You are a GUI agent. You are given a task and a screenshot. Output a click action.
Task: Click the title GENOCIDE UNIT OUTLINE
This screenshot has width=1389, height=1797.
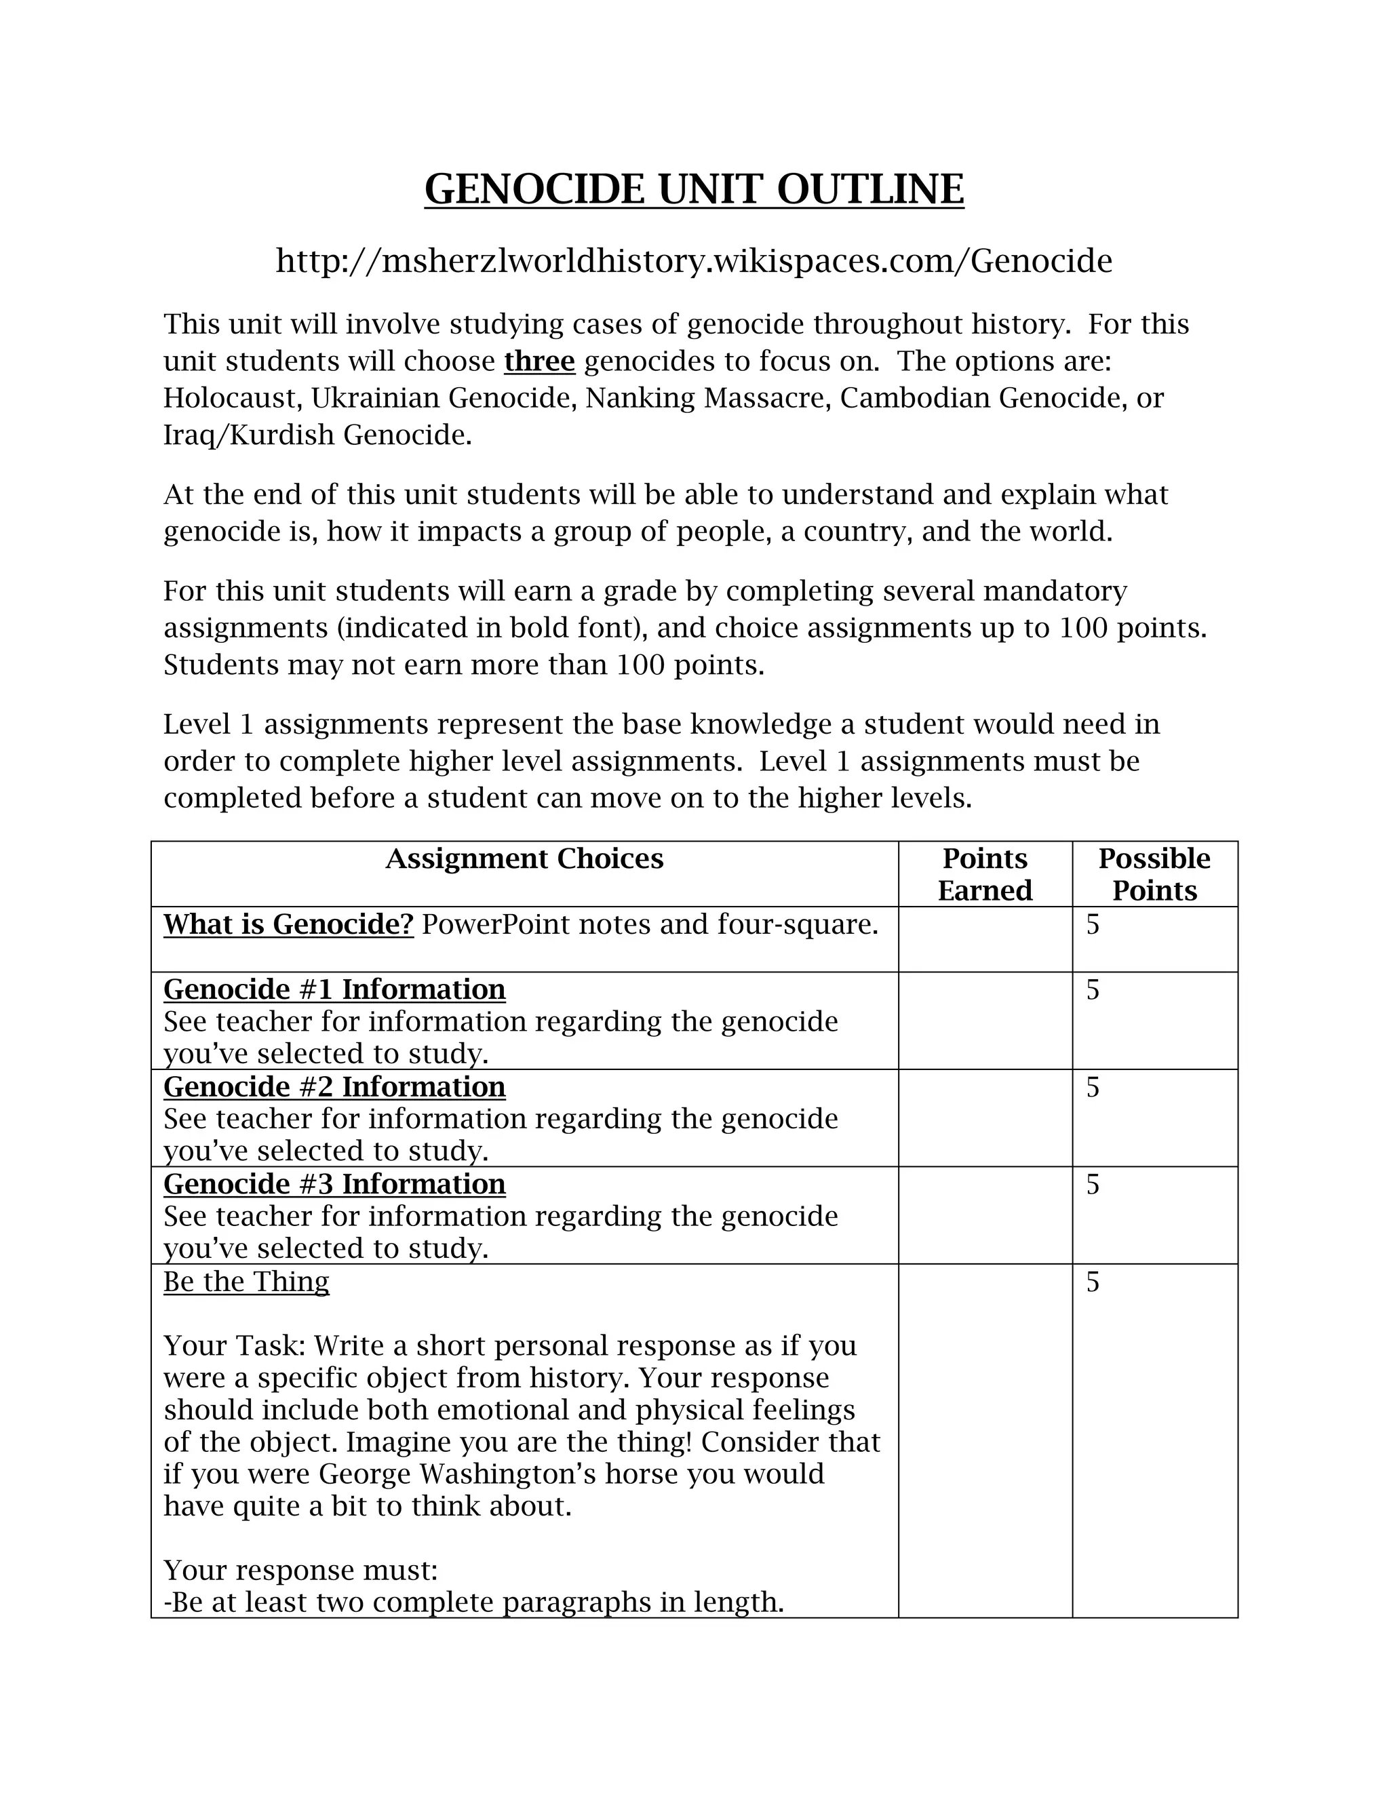694,189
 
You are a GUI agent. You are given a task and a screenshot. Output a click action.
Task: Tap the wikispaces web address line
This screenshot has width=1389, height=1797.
694,261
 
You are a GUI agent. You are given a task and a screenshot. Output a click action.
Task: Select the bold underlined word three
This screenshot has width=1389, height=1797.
539,361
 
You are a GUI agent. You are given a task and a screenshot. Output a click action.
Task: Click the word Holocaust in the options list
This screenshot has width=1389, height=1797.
231,398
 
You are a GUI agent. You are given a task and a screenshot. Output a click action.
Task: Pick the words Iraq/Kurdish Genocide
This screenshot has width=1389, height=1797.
317,435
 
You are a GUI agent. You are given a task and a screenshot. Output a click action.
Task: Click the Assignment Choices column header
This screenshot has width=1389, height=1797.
524,859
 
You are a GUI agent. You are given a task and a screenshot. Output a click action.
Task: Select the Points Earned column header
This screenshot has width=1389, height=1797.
984,874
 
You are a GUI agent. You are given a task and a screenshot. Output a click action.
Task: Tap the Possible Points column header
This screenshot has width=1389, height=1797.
1154,874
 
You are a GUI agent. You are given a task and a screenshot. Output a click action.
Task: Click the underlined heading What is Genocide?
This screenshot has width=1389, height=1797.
288,925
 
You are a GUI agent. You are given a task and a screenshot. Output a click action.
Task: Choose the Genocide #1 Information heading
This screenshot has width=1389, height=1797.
334,989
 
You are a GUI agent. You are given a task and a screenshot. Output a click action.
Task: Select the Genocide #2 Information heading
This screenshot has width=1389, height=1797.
334,1087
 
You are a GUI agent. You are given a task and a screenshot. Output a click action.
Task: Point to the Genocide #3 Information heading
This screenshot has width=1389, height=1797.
334,1184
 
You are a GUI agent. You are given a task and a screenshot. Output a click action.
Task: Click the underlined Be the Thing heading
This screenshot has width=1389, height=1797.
246,1282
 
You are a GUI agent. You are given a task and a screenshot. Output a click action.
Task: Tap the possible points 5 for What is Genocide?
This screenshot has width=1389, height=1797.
1093,925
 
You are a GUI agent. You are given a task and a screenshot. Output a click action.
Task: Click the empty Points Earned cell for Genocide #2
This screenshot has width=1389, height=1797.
984,1118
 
